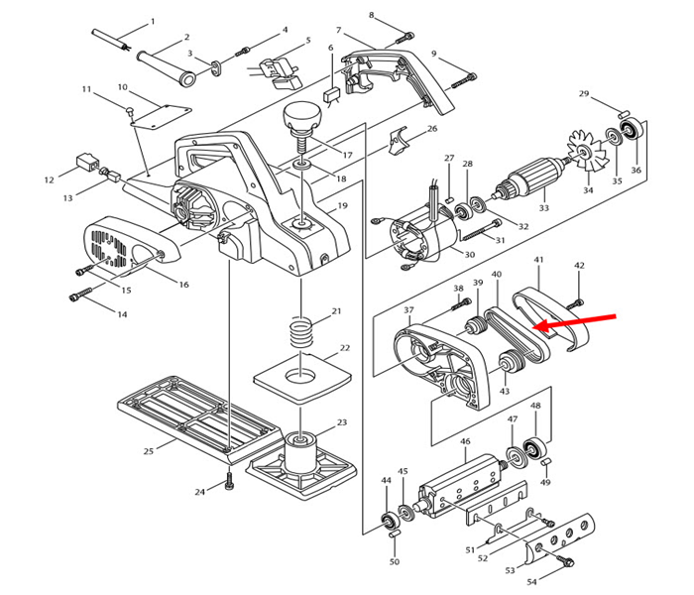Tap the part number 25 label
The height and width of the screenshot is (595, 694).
click(x=149, y=451)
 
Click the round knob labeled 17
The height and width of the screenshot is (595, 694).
click(x=300, y=121)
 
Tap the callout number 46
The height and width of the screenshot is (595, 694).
click(x=465, y=441)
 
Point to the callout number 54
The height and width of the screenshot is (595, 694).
click(x=531, y=581)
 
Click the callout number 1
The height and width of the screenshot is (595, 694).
click(x=153, y=22)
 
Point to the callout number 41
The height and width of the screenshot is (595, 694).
click(x=539, y=261)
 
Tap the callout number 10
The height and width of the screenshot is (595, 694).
click(x=123, y=87)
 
